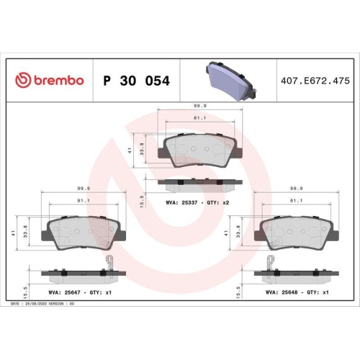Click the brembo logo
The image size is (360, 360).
[x=50, y=80]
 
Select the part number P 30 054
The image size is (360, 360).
[x=137, y=81]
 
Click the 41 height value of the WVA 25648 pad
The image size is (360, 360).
[x=238, y=232]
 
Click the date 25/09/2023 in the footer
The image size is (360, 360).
[x=36, y=305]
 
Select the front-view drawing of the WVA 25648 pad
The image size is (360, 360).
[x=295, y=231]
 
